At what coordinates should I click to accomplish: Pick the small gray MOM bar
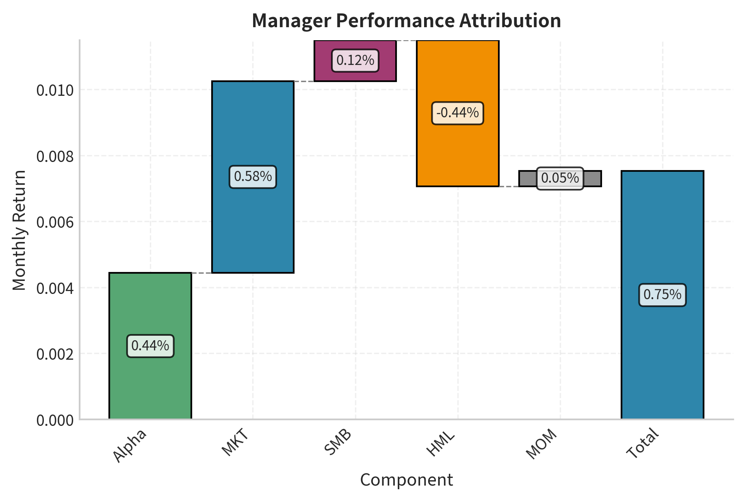pyautogui.click(x=528, y=179)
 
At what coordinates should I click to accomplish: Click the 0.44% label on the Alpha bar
pyautogui.click(x=150, y=346)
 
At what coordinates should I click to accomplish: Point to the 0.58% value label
pyautogui.click(x=253, y=177)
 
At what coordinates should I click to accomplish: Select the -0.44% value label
pyautogui.click(x=457, y=113)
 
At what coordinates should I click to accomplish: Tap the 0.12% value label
pyautogui.click(x=355, y=60)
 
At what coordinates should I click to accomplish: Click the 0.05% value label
pyautogui.click(x=560, y=178)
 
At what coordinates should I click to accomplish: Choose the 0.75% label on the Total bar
pyautogui.click(x=662, y=295)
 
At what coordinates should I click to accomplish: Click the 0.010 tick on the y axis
pyautogui.click(x=55, y=90)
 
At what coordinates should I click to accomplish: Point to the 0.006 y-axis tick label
pyautogui.click(x=55, y=222)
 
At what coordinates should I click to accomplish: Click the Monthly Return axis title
pyautogui.click(x=19, y=230)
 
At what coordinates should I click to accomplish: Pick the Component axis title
pyautogui.click(x=406, y=480)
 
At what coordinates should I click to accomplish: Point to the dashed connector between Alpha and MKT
pyautogui.click(x=201, y=273)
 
